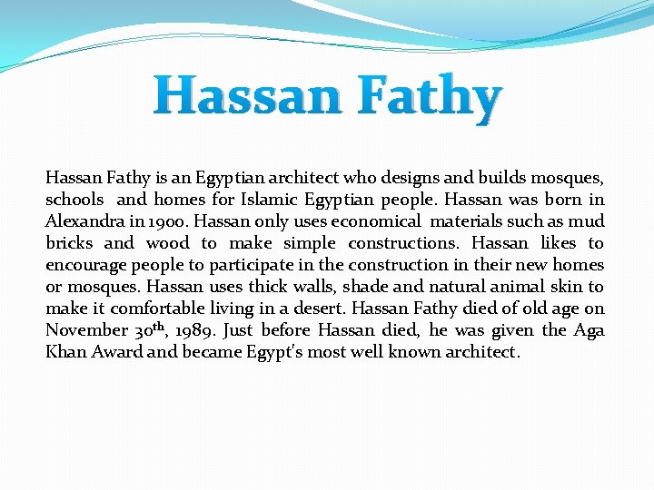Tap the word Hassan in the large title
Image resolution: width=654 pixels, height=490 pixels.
[247, 96]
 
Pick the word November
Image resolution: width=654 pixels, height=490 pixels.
[86, 330]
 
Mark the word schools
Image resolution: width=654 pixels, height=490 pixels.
[74, 200]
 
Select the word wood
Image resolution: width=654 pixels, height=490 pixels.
[168, 243]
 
